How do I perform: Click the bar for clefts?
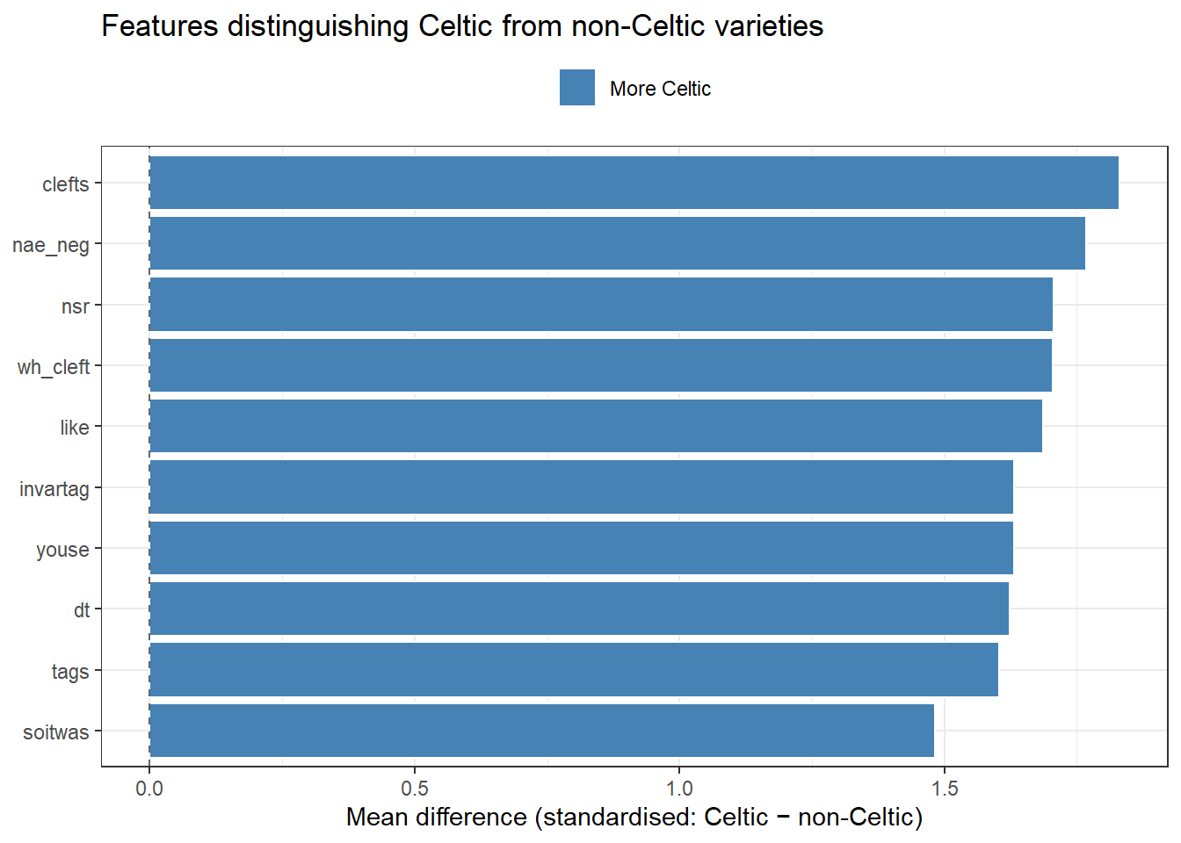coord(634,183)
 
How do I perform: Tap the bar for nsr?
coord(601,305)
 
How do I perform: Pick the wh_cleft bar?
coord(600,365)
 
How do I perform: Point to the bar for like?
coord(596,426)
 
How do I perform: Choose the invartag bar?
coord(581,487)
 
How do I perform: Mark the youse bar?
coord(581,548)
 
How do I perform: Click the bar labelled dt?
coord(579,609)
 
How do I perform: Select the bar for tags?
coord(574,670)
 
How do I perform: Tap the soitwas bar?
coord(541,731)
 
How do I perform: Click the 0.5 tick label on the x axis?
coord(415,788)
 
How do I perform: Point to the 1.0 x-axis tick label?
coord(679,788)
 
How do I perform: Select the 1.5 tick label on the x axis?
coord(945,788)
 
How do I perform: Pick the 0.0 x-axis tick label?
coord(149,788)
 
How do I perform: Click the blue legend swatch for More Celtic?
coord(577,88)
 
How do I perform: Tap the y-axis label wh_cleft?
coord(54,367)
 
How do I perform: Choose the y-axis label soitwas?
coord(56,732)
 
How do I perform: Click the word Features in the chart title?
coord(158,26)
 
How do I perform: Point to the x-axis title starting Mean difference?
coord(634,818)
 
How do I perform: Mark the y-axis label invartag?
coord(54,489)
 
